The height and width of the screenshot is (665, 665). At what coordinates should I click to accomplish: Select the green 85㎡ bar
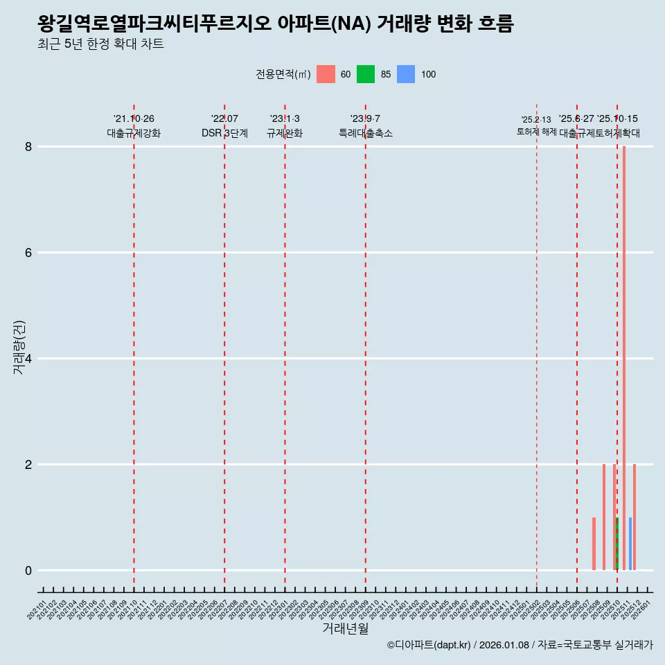pos(617,544)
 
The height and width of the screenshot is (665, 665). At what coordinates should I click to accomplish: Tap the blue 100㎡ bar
pos(630,544)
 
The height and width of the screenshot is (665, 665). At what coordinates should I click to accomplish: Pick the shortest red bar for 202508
pos(594,544)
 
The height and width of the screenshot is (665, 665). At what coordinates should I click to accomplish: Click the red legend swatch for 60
pos(326,74)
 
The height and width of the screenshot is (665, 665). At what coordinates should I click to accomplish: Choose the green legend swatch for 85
pos(366,74)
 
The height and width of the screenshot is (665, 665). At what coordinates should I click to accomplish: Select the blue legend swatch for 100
pos(406,74)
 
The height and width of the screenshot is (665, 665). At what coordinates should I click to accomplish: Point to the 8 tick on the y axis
pos(28,146)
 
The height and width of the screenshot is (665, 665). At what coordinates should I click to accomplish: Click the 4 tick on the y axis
pos(28,358)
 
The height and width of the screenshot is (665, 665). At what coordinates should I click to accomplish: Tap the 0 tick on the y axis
pos(28,570)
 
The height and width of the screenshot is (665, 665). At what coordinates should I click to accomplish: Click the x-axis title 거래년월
pos(345,628)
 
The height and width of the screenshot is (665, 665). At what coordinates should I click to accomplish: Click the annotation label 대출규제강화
pos(134,133)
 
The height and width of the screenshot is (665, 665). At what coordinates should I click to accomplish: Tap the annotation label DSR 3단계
pos(224,133)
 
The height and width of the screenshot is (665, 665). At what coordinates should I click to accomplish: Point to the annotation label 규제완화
pos(285,133)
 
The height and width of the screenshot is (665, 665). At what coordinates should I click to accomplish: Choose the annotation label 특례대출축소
pos(365,133)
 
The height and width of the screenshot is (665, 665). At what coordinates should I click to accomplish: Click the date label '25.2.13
pos(536,120)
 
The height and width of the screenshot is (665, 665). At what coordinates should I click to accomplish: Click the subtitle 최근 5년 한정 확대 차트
pos(101,44)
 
